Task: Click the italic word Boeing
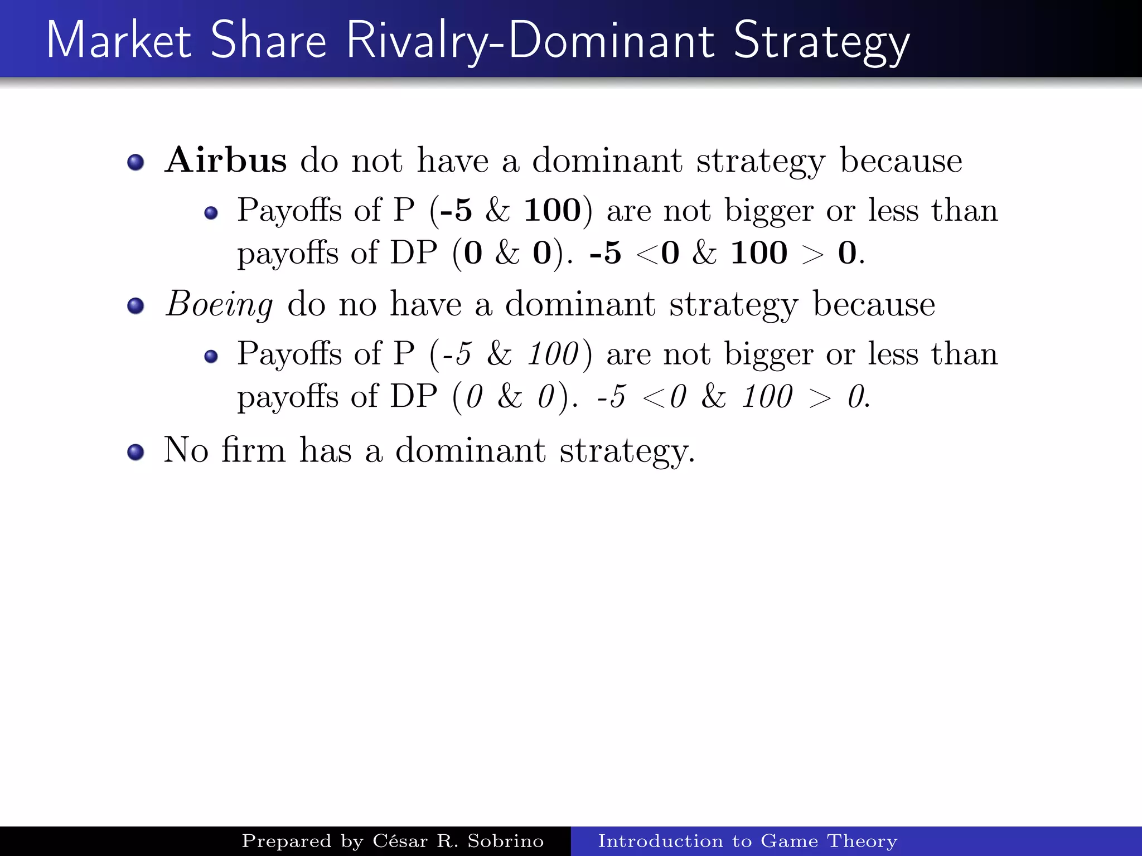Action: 219,305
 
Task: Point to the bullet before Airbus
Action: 136,162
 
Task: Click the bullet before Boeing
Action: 136,306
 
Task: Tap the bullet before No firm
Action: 136,452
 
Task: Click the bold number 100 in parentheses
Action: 552,211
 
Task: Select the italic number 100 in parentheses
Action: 553,354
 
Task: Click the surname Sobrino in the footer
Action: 505,841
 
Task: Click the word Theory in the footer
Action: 862,841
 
